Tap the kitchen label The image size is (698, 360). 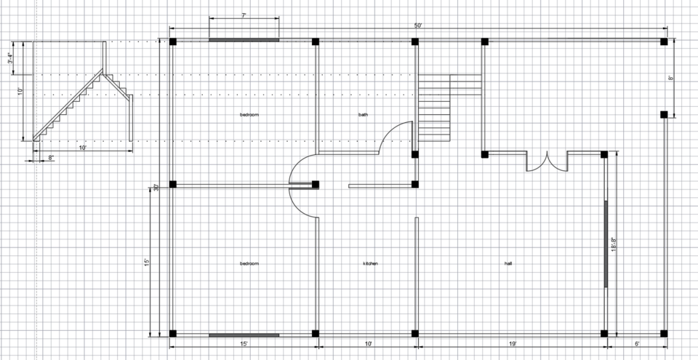point(370,263)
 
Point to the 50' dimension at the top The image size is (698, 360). point(418,25)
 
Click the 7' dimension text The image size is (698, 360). point(244,15)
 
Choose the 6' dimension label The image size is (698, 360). point(637,343)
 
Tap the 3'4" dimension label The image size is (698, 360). point(9,57)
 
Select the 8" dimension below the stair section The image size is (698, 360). point(51,157)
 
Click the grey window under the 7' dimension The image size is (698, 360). point(244,40)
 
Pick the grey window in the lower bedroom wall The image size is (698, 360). point(244,335)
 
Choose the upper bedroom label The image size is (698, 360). point(249,115)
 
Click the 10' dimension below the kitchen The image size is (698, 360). point(369,343)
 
